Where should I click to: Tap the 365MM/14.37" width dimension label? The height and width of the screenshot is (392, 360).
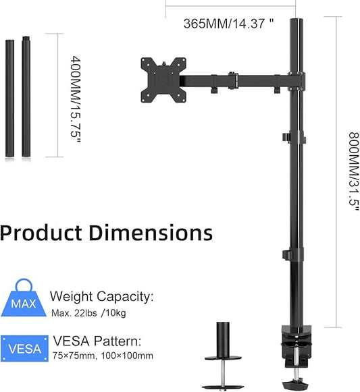pos(228,22)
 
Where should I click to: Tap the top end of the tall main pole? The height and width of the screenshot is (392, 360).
pos(295,23)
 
